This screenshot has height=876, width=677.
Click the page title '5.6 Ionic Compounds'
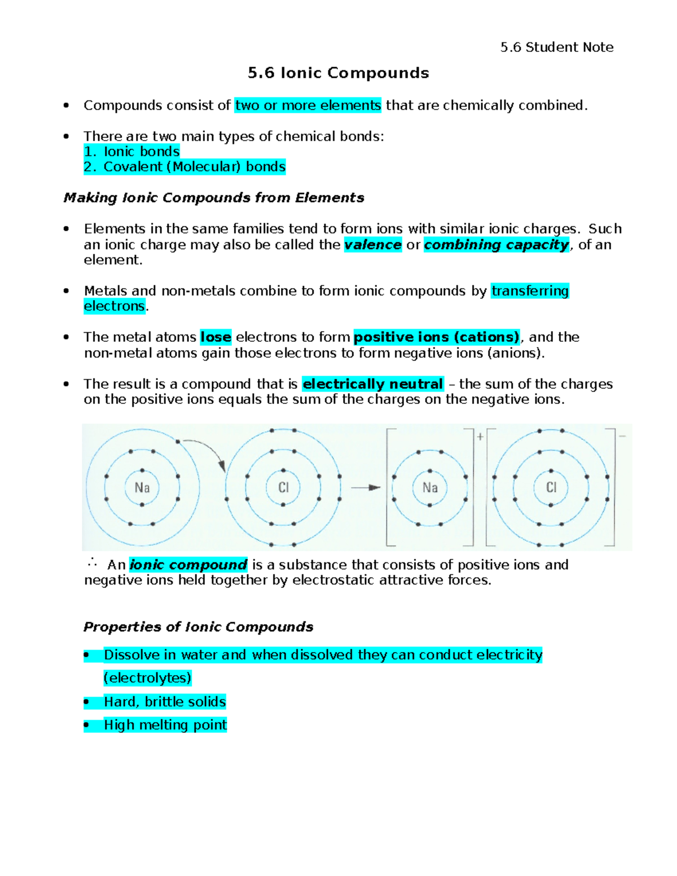point(338,73)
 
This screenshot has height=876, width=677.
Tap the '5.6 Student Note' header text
point(556,47)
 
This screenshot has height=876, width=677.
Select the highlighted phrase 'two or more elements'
point(308,105)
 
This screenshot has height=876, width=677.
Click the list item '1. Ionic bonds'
point(131,152)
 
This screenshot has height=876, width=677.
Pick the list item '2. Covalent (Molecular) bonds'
point(184,167)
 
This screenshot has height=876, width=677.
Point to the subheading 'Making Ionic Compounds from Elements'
point(214,198)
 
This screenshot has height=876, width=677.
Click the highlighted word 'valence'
point(373,245)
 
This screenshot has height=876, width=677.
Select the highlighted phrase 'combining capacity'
point(496,245)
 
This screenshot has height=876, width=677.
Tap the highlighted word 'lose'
point(216,337)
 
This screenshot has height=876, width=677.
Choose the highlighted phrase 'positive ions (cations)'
point(436,337)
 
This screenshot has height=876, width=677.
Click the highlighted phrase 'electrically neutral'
point(373,384)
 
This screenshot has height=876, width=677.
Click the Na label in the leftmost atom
point(142,487)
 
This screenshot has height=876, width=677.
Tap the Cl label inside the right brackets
point(551,487)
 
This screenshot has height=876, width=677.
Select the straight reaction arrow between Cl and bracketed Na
point(366,487)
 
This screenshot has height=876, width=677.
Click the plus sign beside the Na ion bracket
point(480,437)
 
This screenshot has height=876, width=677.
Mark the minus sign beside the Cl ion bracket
point(622,436)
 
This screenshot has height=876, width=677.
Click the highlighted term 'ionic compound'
point(188,565)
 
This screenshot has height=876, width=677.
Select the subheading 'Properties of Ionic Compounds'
point(198,627)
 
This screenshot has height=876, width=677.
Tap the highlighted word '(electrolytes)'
point(147,678)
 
